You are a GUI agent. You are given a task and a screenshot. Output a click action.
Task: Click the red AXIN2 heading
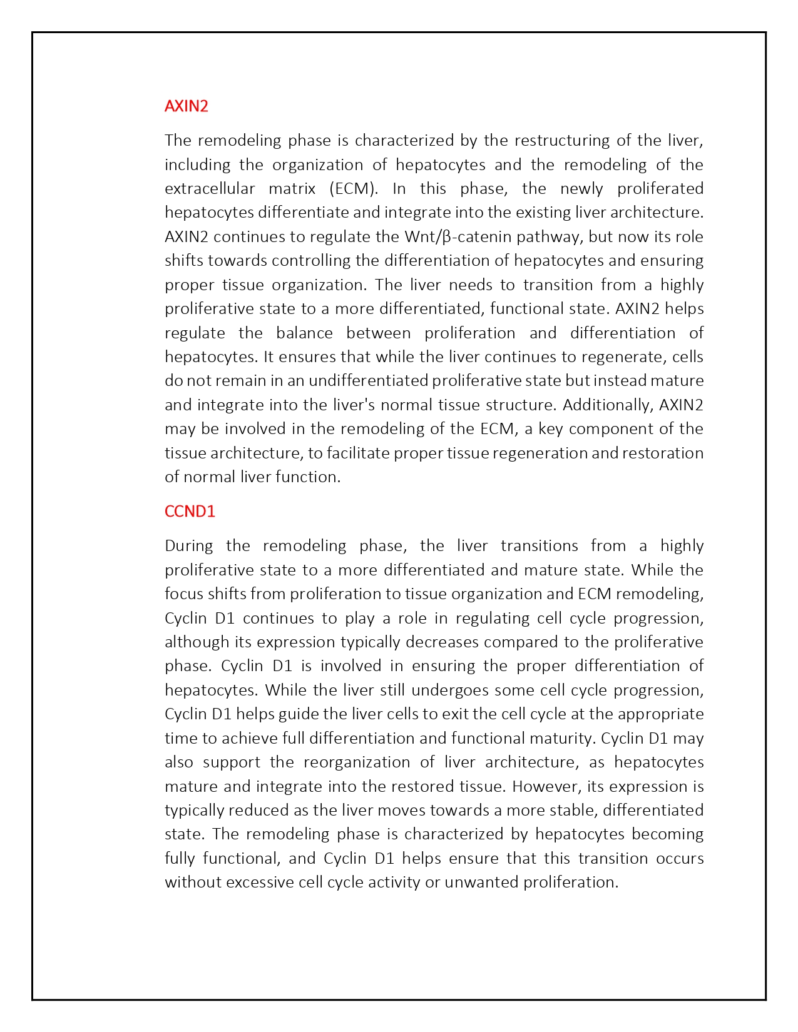pyautogui.click(x=186, y=106)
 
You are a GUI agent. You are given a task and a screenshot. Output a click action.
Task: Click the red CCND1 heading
pyautogui.click(x=190, y=511)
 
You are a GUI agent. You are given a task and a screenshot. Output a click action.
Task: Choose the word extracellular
pyautogui.click(x=210, y=188)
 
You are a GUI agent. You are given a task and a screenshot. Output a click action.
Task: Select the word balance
pyautogui.click(x=304, y=333)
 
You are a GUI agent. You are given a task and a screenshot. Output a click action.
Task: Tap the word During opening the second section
pyautogui.click(x=188, y=545)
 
